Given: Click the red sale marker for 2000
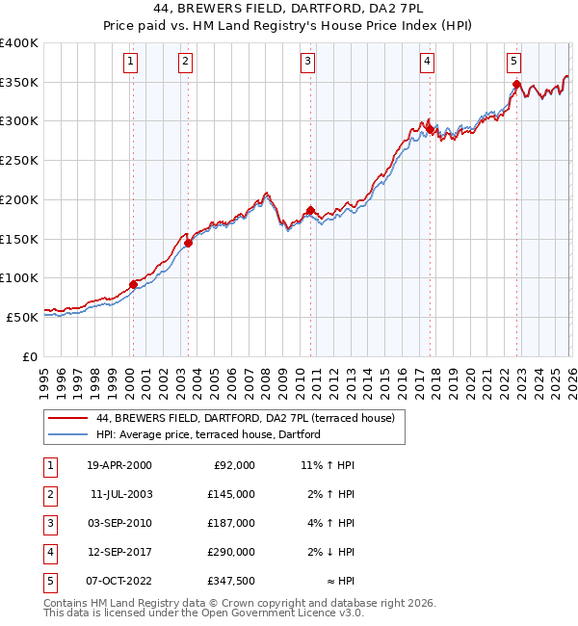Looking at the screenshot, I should point(133,284).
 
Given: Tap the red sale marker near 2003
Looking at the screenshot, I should point(188,243).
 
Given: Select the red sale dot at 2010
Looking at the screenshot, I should point(310,210).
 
